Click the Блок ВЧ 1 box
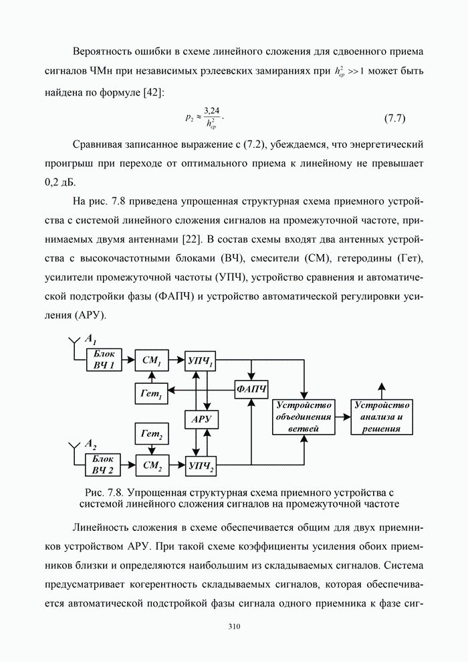104,360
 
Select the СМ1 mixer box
152,360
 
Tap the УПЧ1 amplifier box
201,360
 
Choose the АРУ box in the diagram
201,419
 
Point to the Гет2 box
152,435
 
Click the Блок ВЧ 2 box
104,464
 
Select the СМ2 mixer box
152,465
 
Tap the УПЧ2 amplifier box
201,465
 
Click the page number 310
233,627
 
